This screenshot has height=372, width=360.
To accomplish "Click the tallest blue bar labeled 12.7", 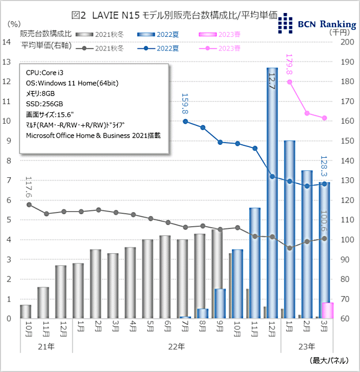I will pyautogui.click(x=272, y=193).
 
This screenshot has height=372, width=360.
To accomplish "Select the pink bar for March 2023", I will pyautogui.click(x=327, y=311).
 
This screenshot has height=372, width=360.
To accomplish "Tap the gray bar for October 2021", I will pyautogui.click(x=26, y=312).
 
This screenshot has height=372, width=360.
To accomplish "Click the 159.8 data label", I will pyautogui.click(x=185, y=104).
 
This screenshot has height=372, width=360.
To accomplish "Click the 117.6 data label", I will pyautogui.click(x=28, y=187).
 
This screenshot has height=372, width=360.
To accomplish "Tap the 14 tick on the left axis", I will pyautogui.click(x=8, y=42).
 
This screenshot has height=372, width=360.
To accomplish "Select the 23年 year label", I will pyautogui.click(x=306, y=345).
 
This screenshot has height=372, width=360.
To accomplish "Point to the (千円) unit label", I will pyautogui.click(x=340, y=32).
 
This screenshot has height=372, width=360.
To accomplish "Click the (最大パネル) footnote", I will pyautogui.click(x=330, y=360).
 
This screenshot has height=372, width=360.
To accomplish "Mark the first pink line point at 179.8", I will pyautogui.click(x=290, y=82).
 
